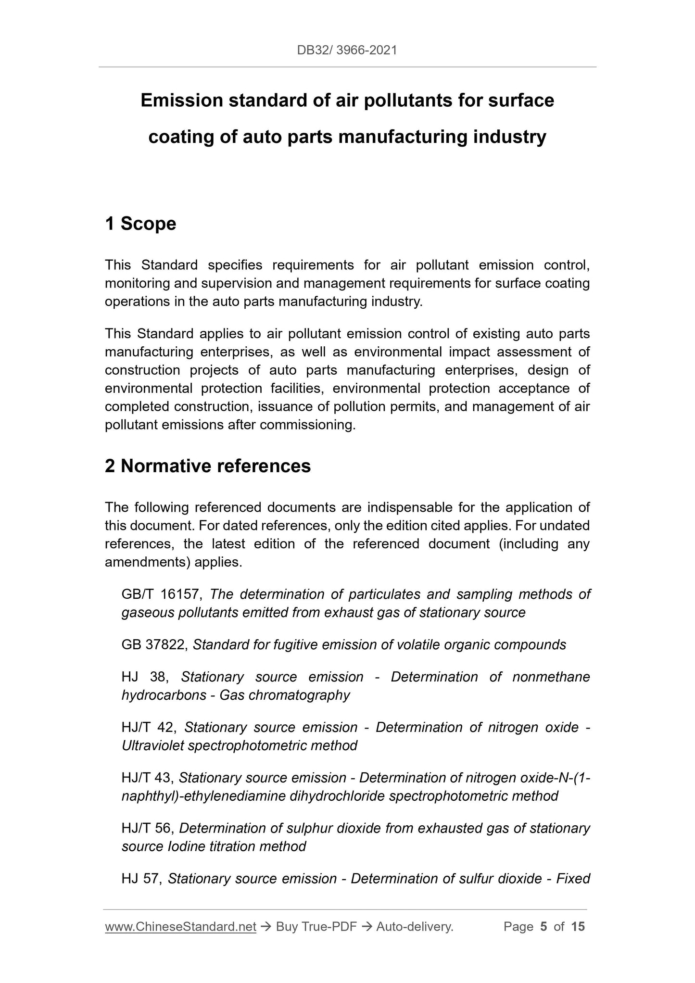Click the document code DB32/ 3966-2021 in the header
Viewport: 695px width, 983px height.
347,50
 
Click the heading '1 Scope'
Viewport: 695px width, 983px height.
140,224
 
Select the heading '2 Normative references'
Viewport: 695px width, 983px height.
208,466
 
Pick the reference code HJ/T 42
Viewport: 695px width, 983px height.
149,727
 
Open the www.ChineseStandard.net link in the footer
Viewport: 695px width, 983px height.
180,927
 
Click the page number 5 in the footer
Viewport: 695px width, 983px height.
543,927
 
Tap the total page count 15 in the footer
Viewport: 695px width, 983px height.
578,927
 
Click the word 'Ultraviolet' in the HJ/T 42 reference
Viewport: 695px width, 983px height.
152,745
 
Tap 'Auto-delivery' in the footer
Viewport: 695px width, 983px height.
414,927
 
